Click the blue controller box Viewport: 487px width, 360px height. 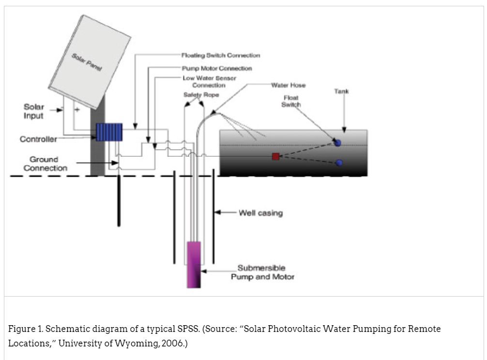[109, 132]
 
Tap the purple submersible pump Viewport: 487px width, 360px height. [194, 264]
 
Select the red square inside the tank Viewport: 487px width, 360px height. [275, 156]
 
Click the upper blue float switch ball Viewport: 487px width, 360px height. [337, 143]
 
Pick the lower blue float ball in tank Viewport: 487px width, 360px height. [339, 163]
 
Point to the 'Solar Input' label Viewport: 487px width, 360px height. [34, 111]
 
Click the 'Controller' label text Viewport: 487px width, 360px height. [38, 139]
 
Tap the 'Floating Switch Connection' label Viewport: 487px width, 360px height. [220, 56]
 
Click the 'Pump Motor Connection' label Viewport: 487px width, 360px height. [216, 69]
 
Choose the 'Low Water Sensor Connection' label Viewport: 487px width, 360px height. [209, 81]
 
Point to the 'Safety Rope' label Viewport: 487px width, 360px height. [201, 95]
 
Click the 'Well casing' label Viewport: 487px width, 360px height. [260, 213]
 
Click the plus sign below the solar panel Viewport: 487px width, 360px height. [76, 110]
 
